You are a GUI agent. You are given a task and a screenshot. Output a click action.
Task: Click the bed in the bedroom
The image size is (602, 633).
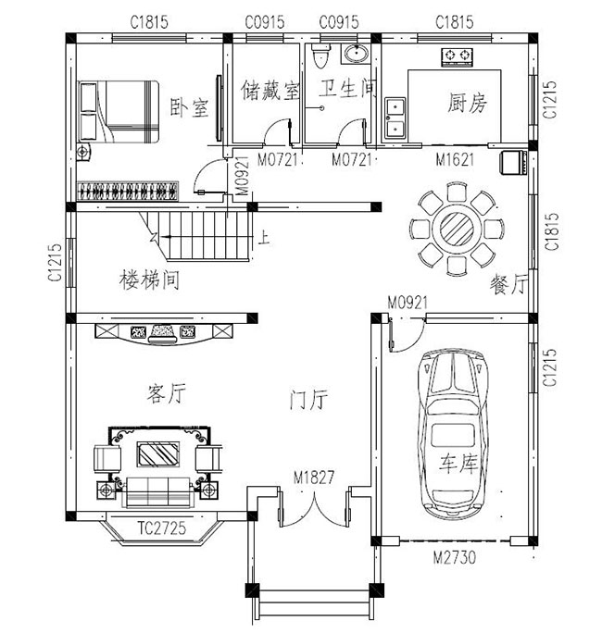(x=118, y=111)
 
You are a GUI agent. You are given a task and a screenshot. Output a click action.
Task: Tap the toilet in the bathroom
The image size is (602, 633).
(x=320, y=56)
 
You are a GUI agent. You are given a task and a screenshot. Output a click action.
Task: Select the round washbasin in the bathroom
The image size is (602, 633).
(x=356, y=54)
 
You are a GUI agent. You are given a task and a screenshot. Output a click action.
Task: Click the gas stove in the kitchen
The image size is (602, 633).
(x=457, y=56)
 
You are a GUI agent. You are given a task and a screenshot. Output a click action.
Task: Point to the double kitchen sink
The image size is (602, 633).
(x=395, y=118)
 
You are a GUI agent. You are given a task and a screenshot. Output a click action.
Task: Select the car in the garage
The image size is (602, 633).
(x=454, y=434)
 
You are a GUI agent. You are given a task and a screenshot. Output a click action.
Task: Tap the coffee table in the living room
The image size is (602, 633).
(x=158, y=454)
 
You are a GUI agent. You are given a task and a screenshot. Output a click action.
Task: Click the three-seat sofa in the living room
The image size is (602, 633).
(x=157, y=492)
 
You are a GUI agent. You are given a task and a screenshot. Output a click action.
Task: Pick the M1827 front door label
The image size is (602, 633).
(x=314, y=478)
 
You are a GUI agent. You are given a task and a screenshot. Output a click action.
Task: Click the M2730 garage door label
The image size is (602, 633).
(x=455, y=557)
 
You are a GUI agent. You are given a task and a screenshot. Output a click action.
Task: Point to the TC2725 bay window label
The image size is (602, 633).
(x=161, y=528)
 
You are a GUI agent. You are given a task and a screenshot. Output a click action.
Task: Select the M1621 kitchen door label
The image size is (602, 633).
(x=455, y=159)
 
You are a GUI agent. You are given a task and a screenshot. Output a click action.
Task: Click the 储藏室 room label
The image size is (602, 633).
(x=270, y=90)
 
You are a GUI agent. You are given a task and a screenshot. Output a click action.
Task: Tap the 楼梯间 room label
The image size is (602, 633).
(x=149, y=279)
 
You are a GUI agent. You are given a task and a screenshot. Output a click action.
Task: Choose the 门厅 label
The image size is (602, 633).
(x=308, y=399)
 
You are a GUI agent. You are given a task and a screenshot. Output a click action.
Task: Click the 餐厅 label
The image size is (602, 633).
(x=508, y=284)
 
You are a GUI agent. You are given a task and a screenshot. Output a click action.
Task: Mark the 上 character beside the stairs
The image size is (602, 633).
(x=263, y=237)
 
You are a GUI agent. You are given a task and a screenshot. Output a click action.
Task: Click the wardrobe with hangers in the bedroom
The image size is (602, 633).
(x=128, y=191)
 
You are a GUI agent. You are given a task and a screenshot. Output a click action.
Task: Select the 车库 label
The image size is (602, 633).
(x=458, y=464)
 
